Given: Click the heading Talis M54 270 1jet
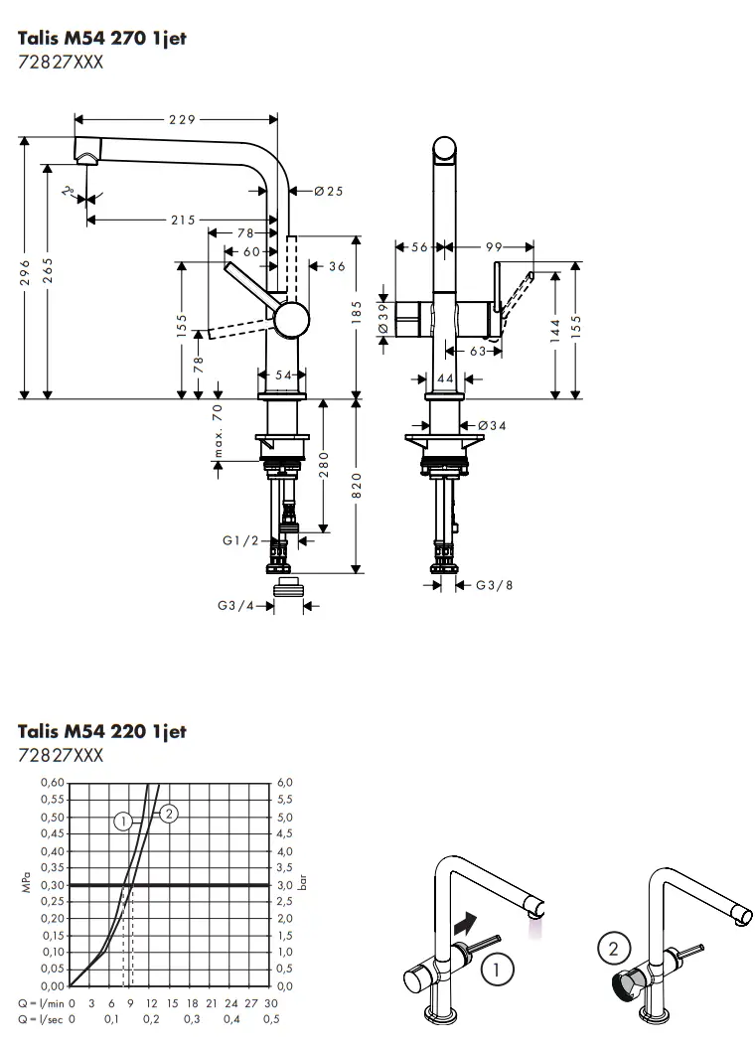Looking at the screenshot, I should pyautogui.click(x=102, y=39).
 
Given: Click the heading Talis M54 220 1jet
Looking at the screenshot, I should pyautogui.click(x=102, y=731).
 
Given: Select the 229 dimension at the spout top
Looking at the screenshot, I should pyautogui.click(x=182, y=119).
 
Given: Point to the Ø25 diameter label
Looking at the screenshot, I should pyautogui.click(x=328, y=191).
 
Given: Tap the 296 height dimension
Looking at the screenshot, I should pyautogui.click(x=25, y=272).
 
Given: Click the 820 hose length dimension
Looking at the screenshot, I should pyautogui.click(x=357, y=485).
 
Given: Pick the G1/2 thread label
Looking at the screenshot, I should pyautogui.click(x=240, y=540).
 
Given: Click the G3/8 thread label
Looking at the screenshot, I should pyautogui.click(x=494, y=585).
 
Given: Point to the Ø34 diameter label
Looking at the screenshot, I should pyautogui.click(x=492, y=425).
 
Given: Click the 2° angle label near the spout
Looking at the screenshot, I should pyautogui.click(x=69, y=192).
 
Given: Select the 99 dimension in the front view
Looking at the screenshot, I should pyautogui.click(x=493, y=246).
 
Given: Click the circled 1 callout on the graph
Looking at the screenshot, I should pyautogui.click(x=123, y=821).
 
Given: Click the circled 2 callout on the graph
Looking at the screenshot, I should pyautogui.click(x=168, y=814).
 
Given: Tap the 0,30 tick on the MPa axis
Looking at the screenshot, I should pyautogui.click(x=53, y=884).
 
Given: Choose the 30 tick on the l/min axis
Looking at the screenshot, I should pyautogui.click(x=271, y=1003).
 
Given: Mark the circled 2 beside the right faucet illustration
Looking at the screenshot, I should pyautogui.click(x=613, y=949).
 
